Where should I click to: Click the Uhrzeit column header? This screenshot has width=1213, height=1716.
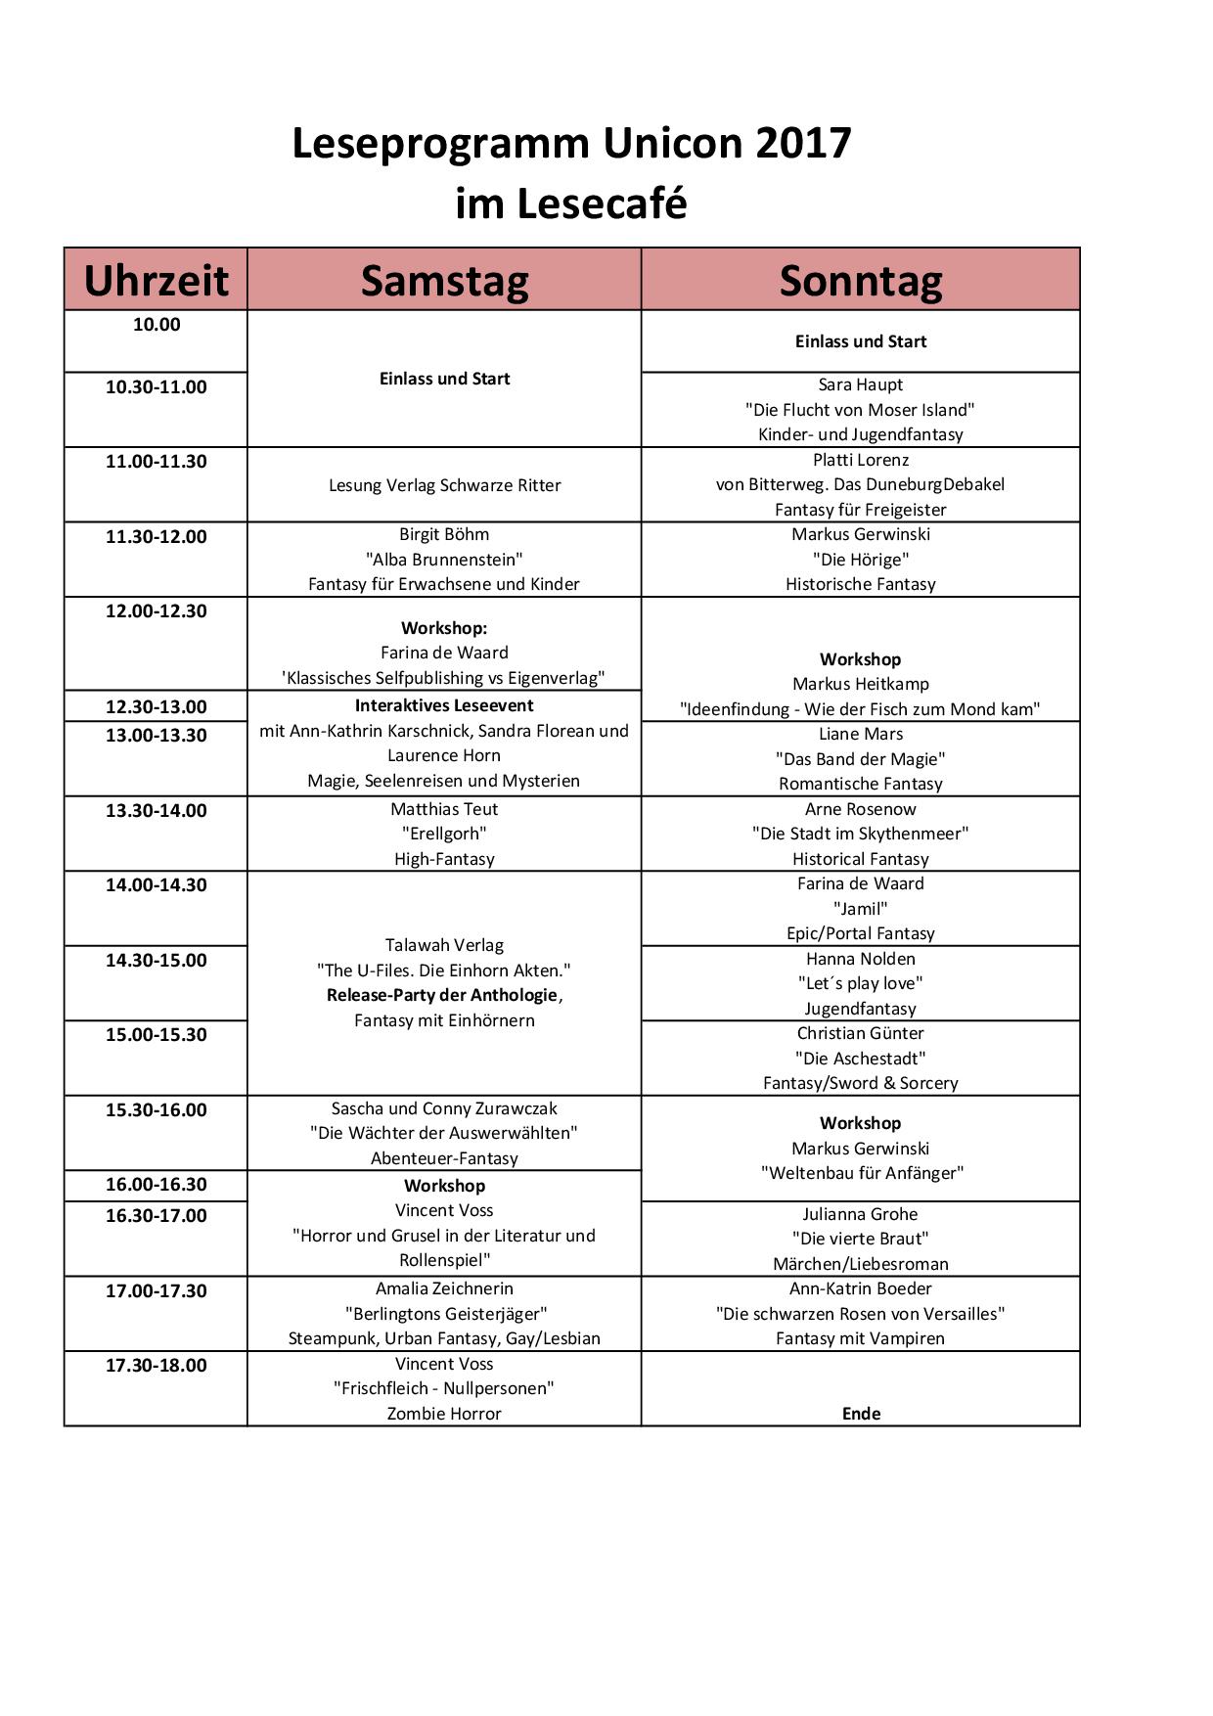[x=156, y=281]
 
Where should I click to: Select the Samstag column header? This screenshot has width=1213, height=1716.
[x=444, y=281]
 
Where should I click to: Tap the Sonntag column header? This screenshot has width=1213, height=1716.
[x=861, y=281]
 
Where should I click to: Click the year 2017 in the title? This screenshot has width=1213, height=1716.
[x=803, y=143]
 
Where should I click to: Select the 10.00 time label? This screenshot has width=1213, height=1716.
[x=157, y=325]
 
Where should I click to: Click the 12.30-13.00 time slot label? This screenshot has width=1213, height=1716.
[x=157, y=706]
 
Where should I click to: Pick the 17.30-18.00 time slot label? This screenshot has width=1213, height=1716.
[x=157, y=1365]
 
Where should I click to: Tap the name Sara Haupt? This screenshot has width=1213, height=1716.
[x=861, y=384]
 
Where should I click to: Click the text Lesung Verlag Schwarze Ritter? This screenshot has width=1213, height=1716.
[x=444, y=485]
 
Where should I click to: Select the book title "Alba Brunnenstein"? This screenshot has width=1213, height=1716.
[x=444, y=560]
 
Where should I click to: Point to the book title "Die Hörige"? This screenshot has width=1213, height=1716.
[x=861, y=560]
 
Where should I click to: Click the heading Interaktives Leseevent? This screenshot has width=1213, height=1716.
[x=444, y=705]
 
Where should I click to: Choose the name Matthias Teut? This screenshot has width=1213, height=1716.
[x=444, y=809]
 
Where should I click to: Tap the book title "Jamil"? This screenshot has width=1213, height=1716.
[x=861, y=909]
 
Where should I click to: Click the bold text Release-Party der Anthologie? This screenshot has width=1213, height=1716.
[x=442, y=995]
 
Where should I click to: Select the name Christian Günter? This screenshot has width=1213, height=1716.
[x=861, y=1033]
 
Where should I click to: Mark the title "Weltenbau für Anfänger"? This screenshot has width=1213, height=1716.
[x=862, y=1173]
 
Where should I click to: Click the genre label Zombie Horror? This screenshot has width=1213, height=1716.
[x=444, y=1414]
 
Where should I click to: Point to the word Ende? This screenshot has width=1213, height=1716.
[x=861, y=1414]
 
